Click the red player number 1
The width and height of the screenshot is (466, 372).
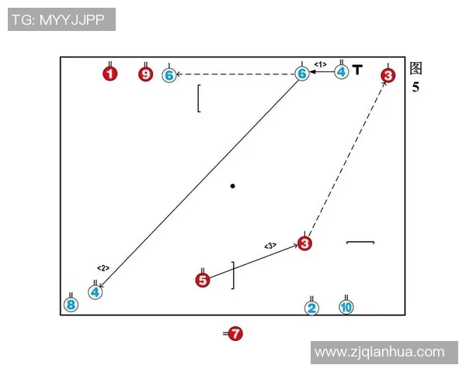pyautogui.click(x=110, y=74)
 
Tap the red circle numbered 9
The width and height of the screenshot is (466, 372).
pyautogui.click(x=146, y=74)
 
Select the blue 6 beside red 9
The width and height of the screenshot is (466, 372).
pyautogui.click(x=169, y=75)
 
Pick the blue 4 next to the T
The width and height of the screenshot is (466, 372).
pyautogui.click(x=342, y=72)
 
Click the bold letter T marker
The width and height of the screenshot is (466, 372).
pyautogui.click(x=356, y=70)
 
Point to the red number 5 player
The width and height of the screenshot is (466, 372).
pyautogui.click(x=203, y=281)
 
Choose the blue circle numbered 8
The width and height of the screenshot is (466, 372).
pyautogui.click(x=71, y=305)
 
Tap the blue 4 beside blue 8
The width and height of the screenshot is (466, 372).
pyautogui.click(x=95, y=292)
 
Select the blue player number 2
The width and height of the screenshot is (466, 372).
pyautogui.click(x=311, y=308)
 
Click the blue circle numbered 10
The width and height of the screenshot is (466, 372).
pyautogui.click(x=346, y=307)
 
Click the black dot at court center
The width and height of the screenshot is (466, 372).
pyautogui.click(x=232, y=186)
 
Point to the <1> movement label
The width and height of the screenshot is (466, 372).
pyautogui.click(x=320, y=64)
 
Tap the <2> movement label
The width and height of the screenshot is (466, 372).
pyautogui.click(x=103, y=268)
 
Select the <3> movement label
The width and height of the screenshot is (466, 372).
pyautogui.click(x=270, y=246)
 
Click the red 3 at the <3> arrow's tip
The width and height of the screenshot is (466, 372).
pyautogui.click(x=304, y=244)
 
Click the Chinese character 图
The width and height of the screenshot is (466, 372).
pyautogui.click(x=416, y=68)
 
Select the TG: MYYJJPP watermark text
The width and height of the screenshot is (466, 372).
pyautogui.click(x=61, y=19)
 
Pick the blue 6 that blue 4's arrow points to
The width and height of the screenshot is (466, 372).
pyautogui.click(x=302, y=74)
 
